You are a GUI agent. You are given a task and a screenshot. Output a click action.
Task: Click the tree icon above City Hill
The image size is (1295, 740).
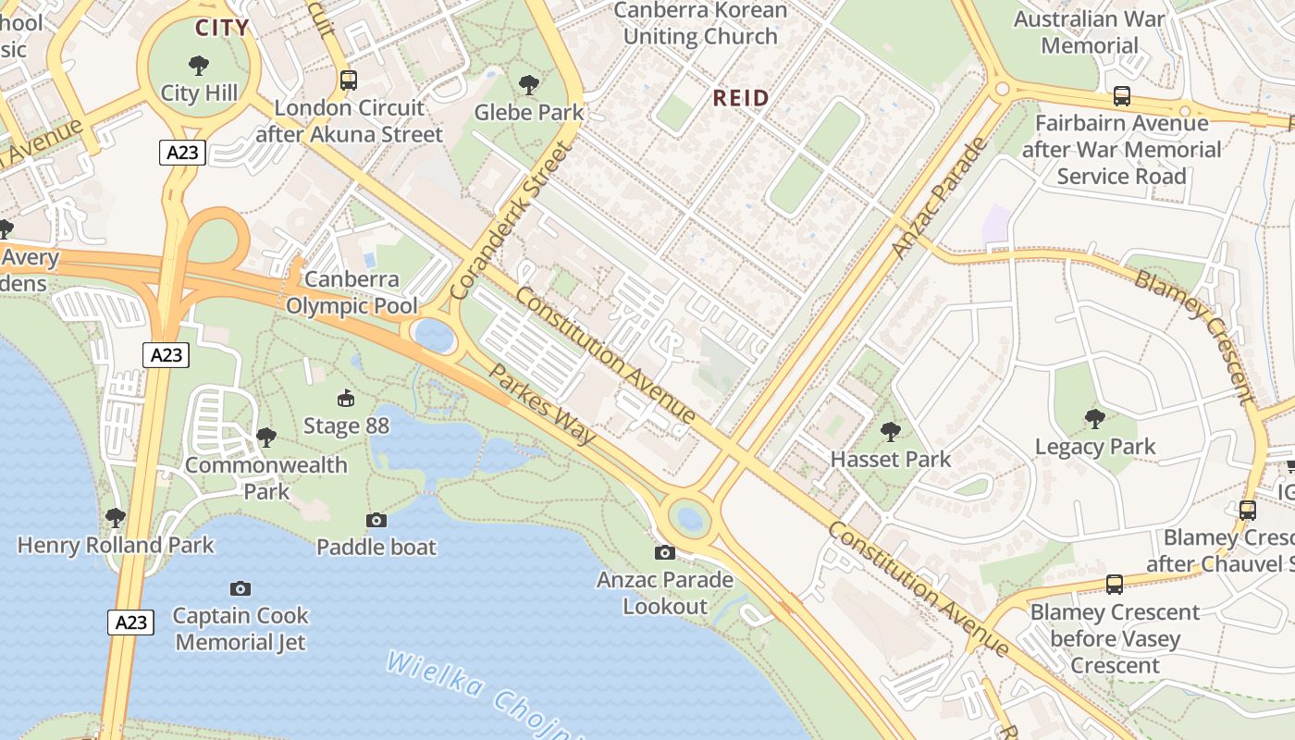point(198,66)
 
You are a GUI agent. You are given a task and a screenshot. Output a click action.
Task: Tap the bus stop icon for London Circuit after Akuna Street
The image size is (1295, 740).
point(349,80)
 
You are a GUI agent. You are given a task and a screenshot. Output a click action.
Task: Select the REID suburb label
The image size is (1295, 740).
point(740,98)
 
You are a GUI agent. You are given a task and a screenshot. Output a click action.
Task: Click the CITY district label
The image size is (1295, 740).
point(222,28)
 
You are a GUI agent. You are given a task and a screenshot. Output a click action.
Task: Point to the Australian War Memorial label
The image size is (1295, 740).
point(1089,32)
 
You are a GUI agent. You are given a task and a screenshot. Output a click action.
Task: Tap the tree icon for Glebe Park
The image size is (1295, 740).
point(529,85)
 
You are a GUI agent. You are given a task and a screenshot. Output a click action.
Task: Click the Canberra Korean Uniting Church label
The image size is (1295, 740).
point(700,24)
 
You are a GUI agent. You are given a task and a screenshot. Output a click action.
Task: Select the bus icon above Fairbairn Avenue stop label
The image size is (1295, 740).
point(1121,96)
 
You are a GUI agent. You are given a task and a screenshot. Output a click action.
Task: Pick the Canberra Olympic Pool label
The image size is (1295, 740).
point(351,292)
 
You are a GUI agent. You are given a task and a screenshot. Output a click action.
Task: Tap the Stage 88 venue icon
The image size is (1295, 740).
point(346,399)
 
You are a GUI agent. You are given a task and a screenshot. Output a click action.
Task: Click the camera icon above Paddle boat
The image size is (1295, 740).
point(376,520)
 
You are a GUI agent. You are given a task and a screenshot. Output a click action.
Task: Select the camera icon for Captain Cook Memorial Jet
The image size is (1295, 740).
point(240,588)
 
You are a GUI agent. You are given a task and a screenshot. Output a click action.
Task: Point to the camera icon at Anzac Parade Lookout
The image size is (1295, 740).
point(664,552)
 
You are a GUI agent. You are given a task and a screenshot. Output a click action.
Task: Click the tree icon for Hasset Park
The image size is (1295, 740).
point(891,431)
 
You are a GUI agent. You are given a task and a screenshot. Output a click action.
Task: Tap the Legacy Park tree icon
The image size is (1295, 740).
point(1095,419)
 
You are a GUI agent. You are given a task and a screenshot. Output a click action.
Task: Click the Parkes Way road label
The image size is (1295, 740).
point(541,403)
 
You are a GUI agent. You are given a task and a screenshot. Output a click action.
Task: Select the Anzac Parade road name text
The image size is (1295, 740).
point(940,198)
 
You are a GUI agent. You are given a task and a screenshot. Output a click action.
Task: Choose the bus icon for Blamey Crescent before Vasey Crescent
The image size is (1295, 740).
point(1115,584)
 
